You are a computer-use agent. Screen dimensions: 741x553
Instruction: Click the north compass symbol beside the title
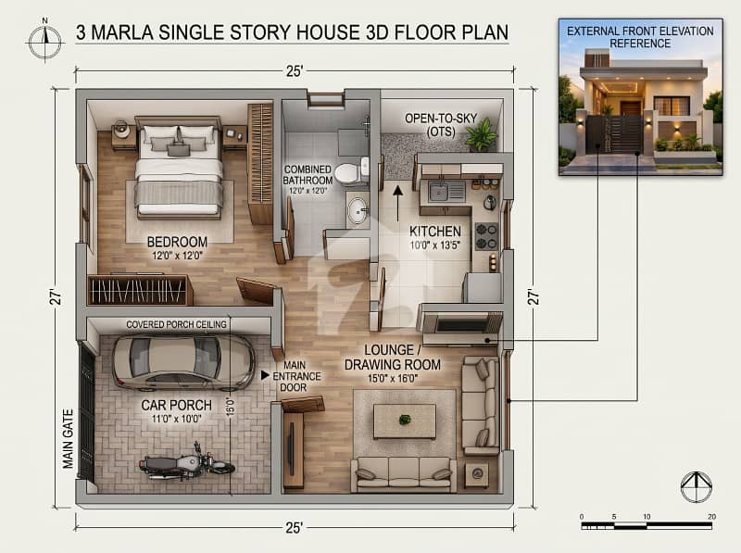(44, 41)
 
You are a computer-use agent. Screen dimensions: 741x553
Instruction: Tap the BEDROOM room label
(177, 242)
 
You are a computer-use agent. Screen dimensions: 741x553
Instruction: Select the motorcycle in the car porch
(187, 462)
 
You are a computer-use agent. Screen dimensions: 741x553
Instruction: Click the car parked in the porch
(183, 362)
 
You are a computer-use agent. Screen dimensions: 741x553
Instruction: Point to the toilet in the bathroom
(351, 172)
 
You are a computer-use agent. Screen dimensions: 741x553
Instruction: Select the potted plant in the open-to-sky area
(482, 134)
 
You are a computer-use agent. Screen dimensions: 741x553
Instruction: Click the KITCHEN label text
(434, 232)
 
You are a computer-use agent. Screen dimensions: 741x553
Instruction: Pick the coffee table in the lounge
(405, 421)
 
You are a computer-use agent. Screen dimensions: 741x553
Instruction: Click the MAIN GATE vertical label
(69, 439)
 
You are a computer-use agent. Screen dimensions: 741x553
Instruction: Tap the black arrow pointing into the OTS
(398, 203)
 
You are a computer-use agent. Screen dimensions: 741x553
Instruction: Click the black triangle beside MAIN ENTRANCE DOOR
(265, 375)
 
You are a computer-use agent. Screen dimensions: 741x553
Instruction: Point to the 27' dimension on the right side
(533, 296)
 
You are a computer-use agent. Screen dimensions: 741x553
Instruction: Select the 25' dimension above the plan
(295, 71)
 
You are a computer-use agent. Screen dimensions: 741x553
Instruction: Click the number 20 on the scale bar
(711, 517)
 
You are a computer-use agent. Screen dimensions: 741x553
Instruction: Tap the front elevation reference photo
(640, 97)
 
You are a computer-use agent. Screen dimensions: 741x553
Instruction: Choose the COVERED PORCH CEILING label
(176, 324)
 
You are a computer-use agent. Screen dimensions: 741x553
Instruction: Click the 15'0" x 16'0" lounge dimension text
(393, 378)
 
